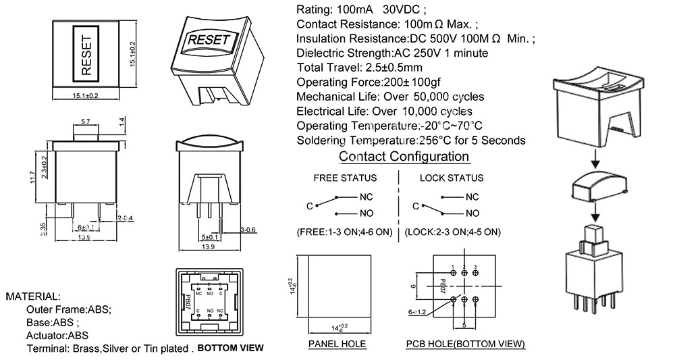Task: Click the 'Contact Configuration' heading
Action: point(404,157)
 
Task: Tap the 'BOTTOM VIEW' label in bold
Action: point(230,349)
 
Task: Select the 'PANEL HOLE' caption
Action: point(337,344)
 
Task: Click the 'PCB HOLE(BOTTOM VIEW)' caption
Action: point(465,344)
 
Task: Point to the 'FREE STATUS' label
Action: point(345,178)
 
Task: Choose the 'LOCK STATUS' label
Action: point(452,178)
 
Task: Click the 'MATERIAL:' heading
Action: point(33,297)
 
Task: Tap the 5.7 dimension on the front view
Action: point(86,122)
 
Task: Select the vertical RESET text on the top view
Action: point(86,53)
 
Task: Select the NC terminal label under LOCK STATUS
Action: point(472,197)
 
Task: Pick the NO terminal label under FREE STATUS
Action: point(365,213)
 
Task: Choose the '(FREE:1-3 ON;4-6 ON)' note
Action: point(344,232)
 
